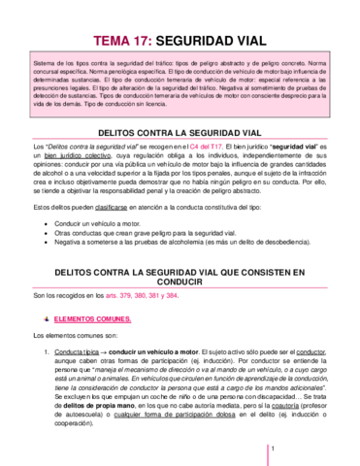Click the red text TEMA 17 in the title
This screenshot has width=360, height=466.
tap(123, 44)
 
